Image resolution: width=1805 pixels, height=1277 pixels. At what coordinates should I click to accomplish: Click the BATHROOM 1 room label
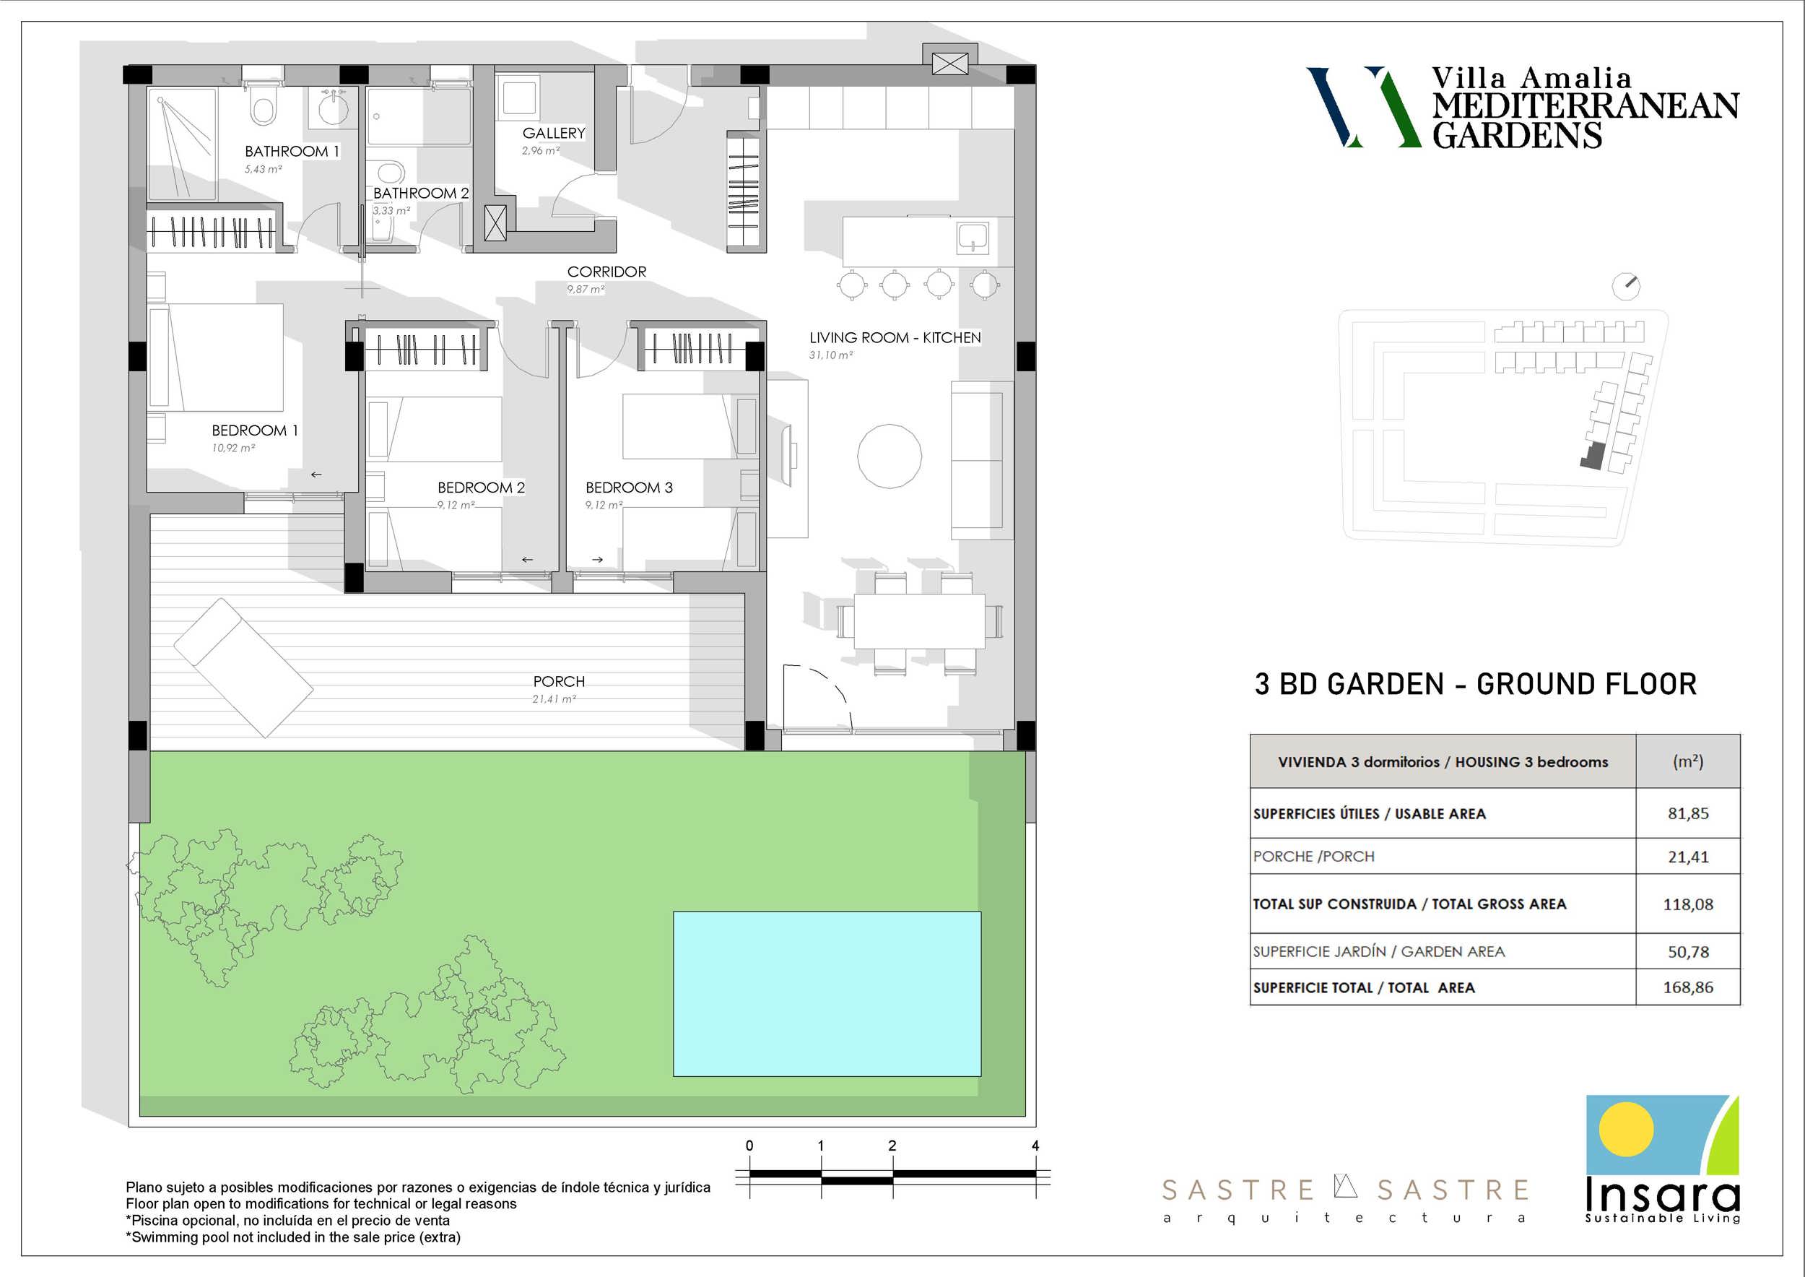click(292, 151)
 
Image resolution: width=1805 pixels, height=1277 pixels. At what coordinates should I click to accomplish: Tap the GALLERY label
click(554, 133)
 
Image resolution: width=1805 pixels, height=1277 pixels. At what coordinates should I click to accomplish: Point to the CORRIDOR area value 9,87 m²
click(586, 290)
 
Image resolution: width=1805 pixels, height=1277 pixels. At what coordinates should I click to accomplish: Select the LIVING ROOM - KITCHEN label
click(895, 337)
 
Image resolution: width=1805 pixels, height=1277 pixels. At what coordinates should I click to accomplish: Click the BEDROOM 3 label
click(629, 488)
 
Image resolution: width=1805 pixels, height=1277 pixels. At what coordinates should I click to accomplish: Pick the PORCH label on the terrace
click(559, 681)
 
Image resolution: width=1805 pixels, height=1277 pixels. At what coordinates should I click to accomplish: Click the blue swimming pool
click(827, 994)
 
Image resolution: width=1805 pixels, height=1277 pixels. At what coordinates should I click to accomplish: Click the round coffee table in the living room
click(889, 456)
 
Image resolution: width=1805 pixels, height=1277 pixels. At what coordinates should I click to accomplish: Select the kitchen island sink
click(973, 238)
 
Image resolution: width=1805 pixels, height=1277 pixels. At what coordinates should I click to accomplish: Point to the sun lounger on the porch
click(243, 668)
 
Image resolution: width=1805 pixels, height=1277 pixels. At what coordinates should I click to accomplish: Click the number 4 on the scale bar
click(1035, 1146)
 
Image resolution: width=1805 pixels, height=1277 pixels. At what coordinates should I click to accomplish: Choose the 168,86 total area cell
click(1688, 987)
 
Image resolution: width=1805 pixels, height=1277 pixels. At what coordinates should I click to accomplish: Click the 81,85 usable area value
click(1689, 813)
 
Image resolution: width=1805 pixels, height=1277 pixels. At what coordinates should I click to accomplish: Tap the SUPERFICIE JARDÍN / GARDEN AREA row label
click(1379, 951)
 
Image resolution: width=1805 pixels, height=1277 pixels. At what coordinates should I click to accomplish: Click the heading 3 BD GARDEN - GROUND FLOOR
click(1476, 684)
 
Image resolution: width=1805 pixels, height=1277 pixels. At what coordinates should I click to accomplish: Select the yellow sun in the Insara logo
click(1626, 1129)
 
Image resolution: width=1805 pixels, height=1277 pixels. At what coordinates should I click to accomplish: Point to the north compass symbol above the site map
click(1627, 286)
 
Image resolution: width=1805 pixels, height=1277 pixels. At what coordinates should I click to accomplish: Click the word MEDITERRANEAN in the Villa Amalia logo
click(1586, 106)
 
